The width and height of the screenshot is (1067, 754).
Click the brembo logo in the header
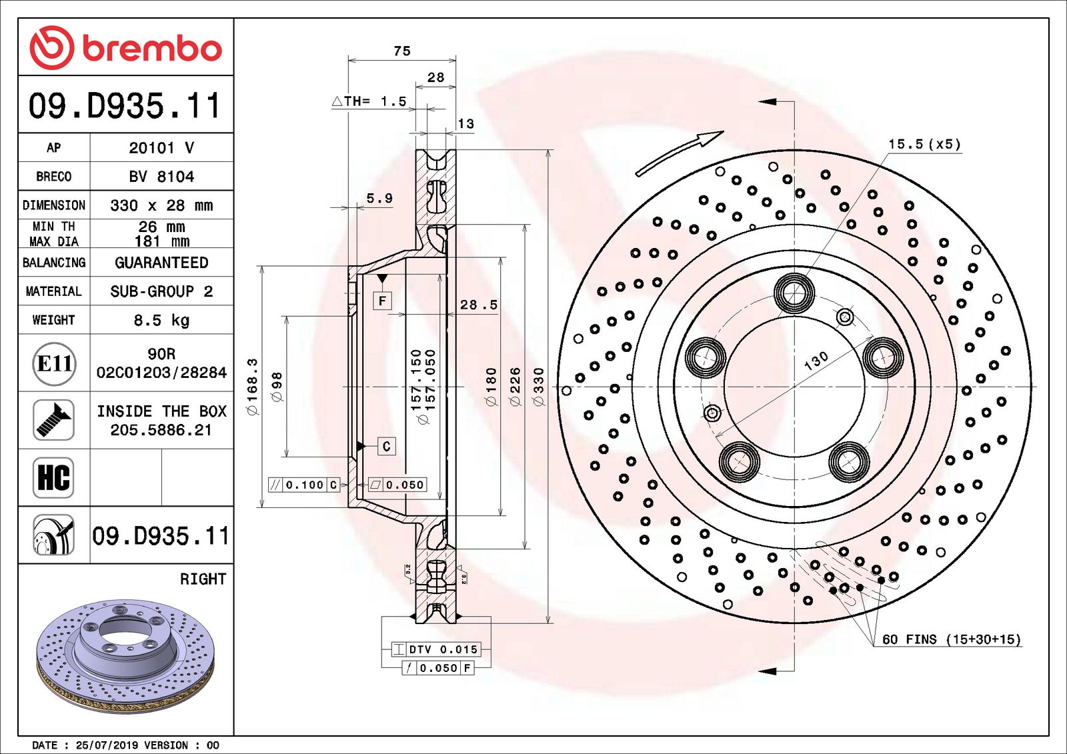tap(125, 48)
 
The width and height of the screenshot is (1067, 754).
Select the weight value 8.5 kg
tap(161, 320)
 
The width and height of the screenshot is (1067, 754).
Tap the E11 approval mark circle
tap(54, 363)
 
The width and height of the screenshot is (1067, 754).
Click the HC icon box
tap(53, 477)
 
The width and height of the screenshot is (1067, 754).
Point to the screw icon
tap(53, 420)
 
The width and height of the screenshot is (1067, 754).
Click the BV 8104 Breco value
tap(161, 177)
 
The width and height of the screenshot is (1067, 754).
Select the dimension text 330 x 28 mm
tap(161, 205)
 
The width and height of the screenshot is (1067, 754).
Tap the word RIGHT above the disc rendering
tap(203, 579)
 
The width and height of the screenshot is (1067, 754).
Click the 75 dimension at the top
tap(402, 51)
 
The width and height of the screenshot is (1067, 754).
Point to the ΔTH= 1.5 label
tap(369, 101)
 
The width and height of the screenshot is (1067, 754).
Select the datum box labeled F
tap(382, 301)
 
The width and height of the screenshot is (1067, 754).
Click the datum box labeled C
tap(386, 446)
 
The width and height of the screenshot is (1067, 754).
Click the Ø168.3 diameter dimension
tap(252, 387)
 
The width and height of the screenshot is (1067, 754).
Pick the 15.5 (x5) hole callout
tap(924, 144)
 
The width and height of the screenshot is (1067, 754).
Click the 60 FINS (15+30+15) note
tap(951, 639)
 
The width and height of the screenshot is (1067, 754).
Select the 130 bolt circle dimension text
tap(816, 361)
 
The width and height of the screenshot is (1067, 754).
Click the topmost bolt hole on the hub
tap(794, 293)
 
